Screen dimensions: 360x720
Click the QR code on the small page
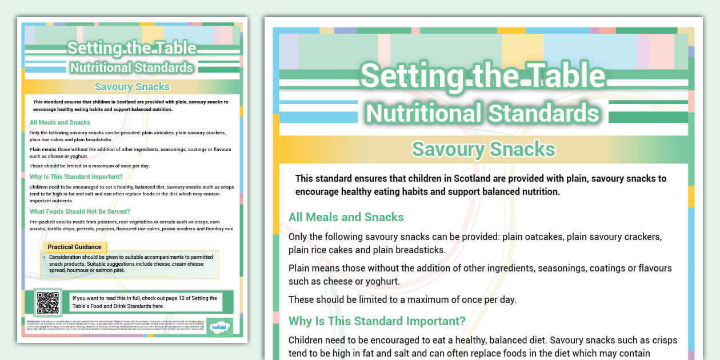click(47, 302)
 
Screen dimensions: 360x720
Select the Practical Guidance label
click(74, 247)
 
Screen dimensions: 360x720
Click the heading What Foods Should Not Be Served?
click(80, 211)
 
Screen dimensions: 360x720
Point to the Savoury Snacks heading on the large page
click(483, 149)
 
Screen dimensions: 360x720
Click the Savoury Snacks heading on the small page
click(132, 87)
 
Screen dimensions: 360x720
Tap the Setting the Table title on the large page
click(483, 75)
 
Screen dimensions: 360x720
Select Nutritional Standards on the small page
click(131, 67)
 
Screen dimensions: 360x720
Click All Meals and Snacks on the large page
click(346, 217)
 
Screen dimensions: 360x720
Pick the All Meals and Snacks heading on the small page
click(60, 122)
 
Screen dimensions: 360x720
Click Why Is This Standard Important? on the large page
click(377, 321)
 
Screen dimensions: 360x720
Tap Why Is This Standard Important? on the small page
click(76, 177)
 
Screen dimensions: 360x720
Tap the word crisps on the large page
click(664, 340)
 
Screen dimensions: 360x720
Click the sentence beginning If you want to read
click(145, 302)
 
